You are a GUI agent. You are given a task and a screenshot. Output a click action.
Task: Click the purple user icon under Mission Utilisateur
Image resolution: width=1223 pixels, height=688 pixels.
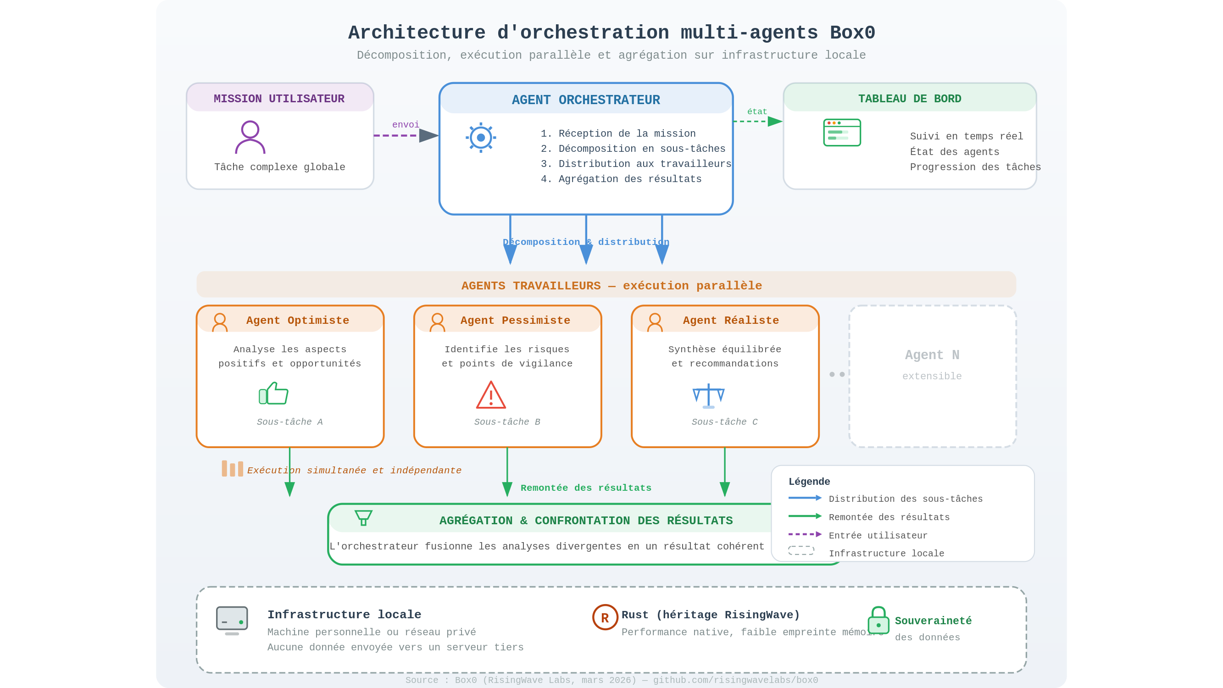250,137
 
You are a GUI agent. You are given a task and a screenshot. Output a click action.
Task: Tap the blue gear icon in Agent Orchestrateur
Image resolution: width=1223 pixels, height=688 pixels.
480,138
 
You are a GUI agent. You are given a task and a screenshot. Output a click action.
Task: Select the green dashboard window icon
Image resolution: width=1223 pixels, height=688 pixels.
842,133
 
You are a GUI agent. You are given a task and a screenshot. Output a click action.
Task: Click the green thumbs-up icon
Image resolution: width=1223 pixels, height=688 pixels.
273,393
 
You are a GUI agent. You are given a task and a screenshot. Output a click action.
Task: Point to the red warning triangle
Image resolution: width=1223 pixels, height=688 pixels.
491,395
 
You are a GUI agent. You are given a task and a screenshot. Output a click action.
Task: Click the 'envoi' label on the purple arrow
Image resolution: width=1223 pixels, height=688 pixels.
406,125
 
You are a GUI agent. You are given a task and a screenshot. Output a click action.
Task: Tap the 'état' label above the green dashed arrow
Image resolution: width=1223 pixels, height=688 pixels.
757,111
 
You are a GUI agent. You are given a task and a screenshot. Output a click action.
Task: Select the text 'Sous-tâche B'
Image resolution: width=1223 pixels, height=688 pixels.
507,422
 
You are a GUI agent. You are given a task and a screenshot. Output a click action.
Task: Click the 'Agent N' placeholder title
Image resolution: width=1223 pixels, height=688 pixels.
932,355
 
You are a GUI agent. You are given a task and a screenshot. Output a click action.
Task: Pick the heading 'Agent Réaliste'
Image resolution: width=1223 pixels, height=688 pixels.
731,321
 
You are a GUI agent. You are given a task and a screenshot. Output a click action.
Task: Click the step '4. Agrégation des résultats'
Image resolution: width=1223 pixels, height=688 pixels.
621,179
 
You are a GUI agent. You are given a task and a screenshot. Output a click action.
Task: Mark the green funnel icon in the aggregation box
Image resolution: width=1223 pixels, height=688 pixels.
363,517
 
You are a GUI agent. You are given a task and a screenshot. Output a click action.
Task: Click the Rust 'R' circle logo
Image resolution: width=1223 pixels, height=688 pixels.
605,617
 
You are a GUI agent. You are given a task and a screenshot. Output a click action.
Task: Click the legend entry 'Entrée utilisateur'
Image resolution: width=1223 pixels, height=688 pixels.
878,536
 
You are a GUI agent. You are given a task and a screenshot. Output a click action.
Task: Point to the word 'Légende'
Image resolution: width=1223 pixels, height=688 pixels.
809,482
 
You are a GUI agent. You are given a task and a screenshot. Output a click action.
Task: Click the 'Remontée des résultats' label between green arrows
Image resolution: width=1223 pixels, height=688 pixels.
586,488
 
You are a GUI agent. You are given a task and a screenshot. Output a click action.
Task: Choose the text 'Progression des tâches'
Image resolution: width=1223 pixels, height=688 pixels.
975,167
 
